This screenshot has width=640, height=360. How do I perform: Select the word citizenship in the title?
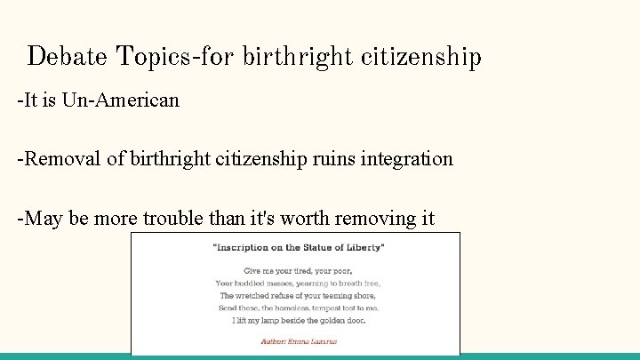click(421, 57)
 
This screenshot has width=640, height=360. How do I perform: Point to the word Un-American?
click(121, 100)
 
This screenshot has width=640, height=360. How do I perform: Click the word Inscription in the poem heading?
click(246, 247)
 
